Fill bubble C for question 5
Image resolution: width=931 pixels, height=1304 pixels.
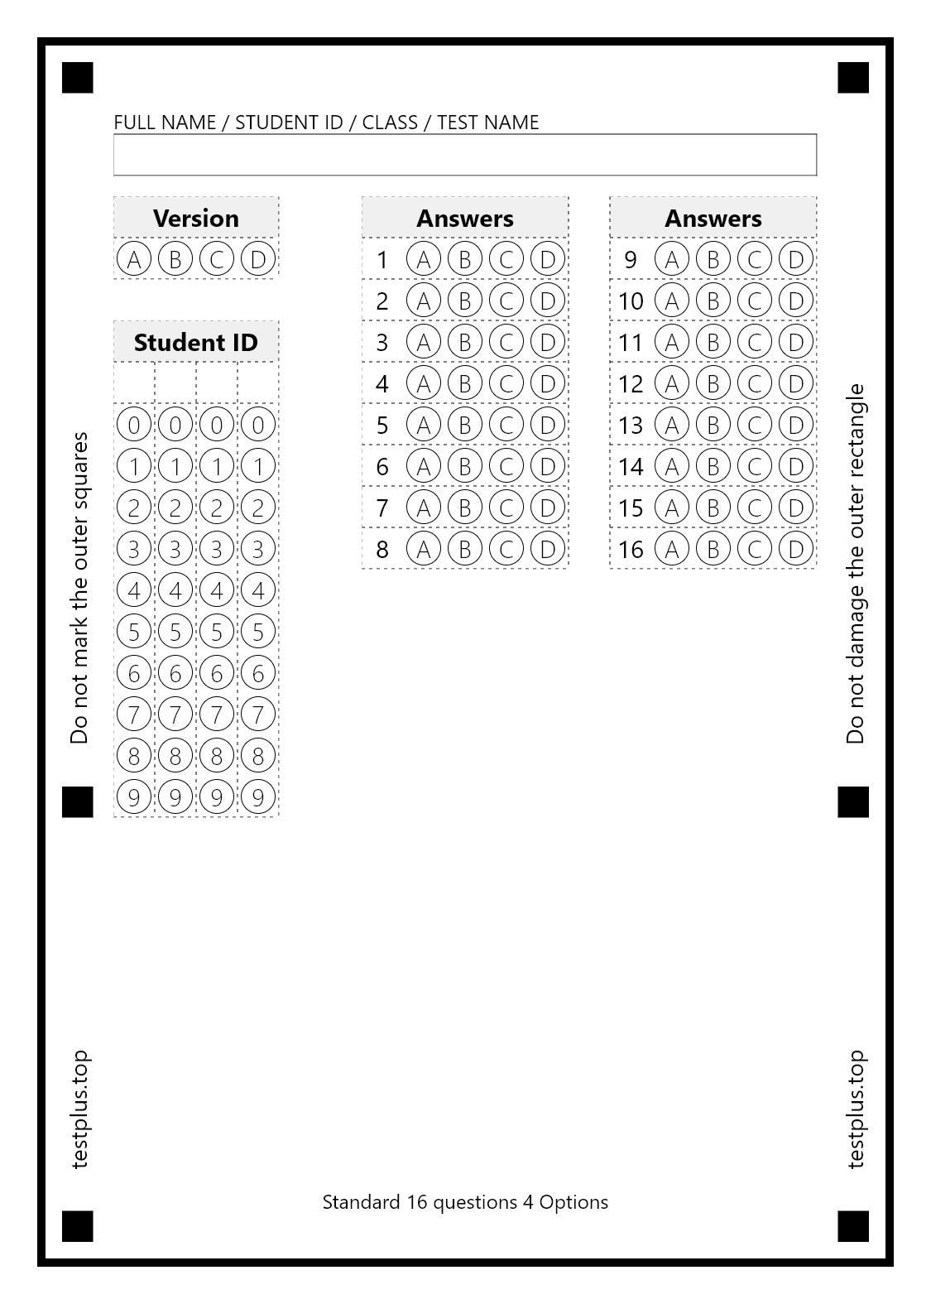coord(506,425)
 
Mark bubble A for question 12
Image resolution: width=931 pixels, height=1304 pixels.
coord(671,383)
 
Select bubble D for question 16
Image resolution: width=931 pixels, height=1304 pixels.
coord(795,549)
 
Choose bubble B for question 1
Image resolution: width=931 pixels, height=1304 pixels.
coord(464,259)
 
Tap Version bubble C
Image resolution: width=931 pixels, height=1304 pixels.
coord(216,259)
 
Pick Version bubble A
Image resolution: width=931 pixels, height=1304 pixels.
coord(133,259)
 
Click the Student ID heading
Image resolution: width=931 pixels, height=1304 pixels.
coord(196,342)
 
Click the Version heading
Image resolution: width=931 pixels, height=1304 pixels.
coord(196,218)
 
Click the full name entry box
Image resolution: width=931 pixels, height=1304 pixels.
coord(464,155)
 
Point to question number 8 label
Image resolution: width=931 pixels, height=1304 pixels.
coord(382,549)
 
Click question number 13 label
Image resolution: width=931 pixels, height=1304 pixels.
coord(630,425)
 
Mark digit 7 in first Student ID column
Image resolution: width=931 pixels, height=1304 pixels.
coord(133,715)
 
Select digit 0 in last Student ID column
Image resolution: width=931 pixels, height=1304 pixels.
coord(257,425)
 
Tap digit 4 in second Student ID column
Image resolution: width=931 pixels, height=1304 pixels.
coord(175,590)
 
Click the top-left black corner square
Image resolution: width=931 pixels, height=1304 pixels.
coord(78,78)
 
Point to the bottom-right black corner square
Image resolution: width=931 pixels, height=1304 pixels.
coord(853,1226)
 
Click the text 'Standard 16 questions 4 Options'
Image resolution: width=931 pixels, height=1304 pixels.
coord(464,1202)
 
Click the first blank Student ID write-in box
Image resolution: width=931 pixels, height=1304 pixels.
coord(134,383)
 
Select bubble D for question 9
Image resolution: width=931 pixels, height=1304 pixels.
coord(795,259)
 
